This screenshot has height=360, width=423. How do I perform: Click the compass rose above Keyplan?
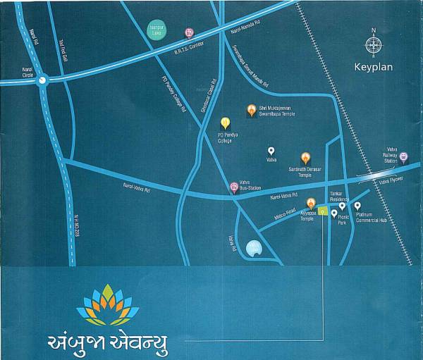click(374, 45)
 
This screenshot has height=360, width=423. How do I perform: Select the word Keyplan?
click(374, 69)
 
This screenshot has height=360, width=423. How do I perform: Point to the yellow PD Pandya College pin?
click(226, 124)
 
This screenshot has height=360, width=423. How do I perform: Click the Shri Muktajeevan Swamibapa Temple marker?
click(251, 110)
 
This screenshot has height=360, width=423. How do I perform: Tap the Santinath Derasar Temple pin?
click(305, 159)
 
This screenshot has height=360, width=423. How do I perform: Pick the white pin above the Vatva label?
click(271, 151)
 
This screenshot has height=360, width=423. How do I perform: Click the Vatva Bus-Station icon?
click(235, 187)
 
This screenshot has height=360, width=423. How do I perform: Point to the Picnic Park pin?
click(334, 213)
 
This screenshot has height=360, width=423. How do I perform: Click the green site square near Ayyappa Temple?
click(322, 210)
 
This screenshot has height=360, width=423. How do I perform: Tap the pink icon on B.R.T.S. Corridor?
click(189, 32)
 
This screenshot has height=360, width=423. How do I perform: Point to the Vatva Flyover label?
click(390, 181)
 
